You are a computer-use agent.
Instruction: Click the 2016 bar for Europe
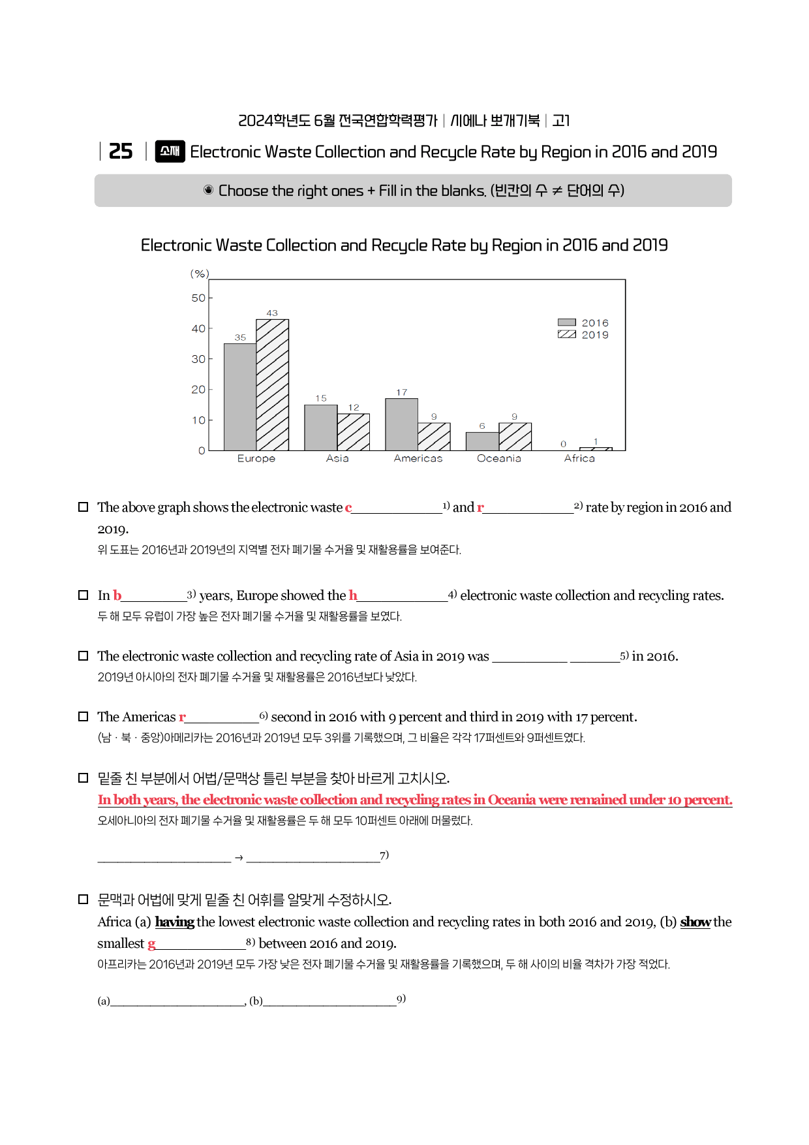point(240,397)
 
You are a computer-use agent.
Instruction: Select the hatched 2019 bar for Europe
point(272,385)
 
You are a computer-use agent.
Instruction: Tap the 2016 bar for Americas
point(401,424)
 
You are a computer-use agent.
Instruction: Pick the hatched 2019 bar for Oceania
point(515,437)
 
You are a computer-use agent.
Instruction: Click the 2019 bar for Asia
point(353,432)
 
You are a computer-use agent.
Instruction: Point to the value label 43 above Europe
point(272,313)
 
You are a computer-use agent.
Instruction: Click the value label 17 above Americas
point(401,392)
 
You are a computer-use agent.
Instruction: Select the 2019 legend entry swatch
point(566,334)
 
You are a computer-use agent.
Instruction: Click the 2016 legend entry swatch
point(566,322)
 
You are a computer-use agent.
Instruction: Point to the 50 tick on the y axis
point(198,298)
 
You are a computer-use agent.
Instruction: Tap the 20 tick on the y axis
point(198,390)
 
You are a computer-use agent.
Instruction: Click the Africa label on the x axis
point(579,458)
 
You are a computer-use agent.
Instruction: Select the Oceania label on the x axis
point(498,458)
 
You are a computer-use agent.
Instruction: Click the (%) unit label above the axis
point(200,274)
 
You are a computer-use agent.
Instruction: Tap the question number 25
point(121,151)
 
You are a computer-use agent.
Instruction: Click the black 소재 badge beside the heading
point(170,151)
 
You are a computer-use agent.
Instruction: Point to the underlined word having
point(174,922)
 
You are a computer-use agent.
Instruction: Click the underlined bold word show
point(695,922)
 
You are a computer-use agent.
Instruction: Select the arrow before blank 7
point(239,858)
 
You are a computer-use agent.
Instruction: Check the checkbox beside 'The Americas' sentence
point(84,717)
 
